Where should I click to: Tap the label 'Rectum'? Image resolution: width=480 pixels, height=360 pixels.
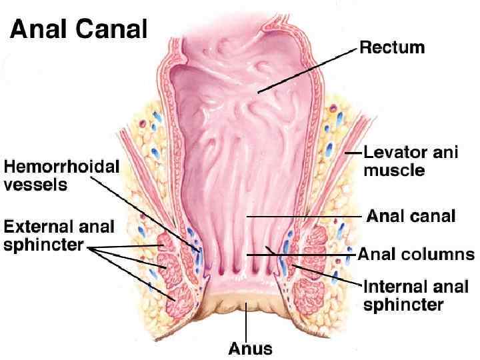pos(391,47)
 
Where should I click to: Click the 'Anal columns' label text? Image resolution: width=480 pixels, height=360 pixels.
pos(417,254)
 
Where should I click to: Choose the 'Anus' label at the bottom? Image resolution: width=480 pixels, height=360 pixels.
pos(250,347)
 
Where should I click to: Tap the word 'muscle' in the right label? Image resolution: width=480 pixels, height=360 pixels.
pos(394,170)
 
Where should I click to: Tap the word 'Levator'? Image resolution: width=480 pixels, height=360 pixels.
pos(389,153)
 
